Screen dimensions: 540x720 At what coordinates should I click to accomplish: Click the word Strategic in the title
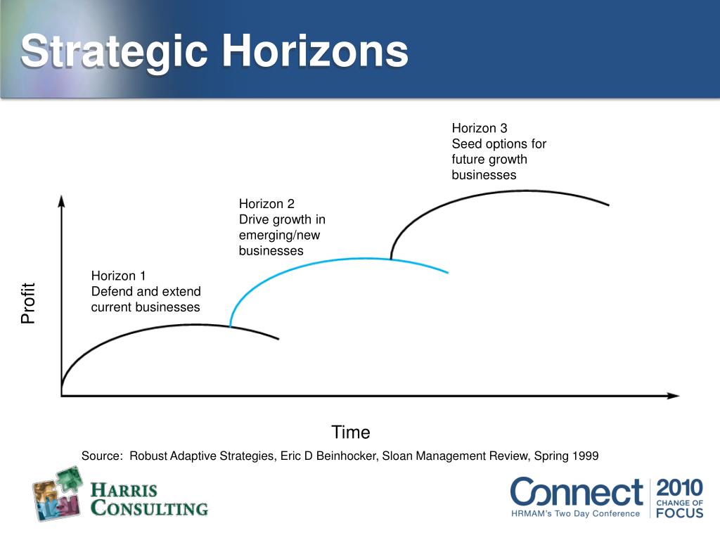click(x=114, y=53)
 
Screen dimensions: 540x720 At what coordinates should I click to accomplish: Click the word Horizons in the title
click(x=316, y=51)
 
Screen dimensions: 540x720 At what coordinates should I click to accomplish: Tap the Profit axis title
click(x=28, y=303)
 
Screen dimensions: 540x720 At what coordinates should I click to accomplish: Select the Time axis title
click(x=351, y=432)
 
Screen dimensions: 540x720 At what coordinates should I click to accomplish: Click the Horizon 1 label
click(x=118, y=276)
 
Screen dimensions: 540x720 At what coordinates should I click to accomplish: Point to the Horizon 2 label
click(x=266, y=204)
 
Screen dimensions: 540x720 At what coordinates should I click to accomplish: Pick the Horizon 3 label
click(x=479, y=128)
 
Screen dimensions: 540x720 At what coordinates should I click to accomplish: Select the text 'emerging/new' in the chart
click(x=279, y=236)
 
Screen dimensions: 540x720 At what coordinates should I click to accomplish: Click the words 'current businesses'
click(x=146, y=307)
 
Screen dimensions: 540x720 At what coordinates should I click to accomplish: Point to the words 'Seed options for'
click(x=499, y=143)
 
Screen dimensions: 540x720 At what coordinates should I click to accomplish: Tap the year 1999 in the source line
click(x=585, y=456)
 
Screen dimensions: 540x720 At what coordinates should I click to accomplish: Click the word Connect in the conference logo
click(x=577, y=492)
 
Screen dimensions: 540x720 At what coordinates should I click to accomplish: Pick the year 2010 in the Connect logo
click(x=680, y=487)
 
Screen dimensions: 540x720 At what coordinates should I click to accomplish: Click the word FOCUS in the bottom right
click(x=680, y=513)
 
